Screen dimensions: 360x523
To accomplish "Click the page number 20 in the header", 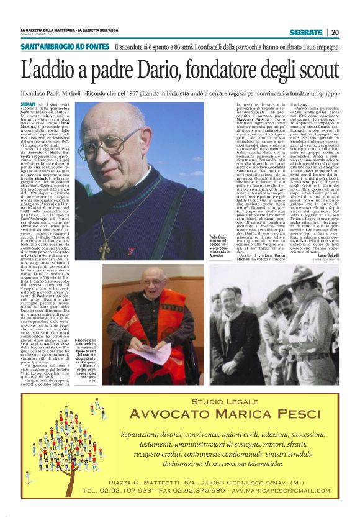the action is (x=335, y=32).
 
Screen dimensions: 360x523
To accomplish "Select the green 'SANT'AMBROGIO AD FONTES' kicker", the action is (x=65, y=47).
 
